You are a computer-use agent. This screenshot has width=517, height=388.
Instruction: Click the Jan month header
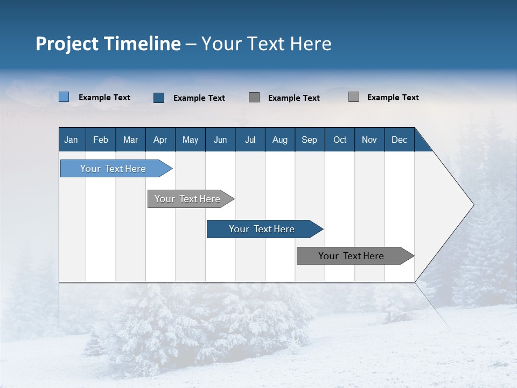click(x=72, y=140)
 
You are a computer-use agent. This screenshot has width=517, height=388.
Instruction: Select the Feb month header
click(x=101, y=140)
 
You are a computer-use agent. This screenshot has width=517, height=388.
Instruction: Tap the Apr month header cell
click(x=160, y=140)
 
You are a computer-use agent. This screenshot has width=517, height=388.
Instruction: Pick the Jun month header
click(x=220, y=140)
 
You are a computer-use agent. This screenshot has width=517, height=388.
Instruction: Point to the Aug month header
click(x=280, y=140)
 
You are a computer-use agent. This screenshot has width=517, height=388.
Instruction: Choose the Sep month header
click(x=310, y=140)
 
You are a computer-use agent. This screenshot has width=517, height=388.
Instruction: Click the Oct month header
click(x=340, y=140)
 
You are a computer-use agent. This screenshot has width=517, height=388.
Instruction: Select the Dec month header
click(x=400, y=140)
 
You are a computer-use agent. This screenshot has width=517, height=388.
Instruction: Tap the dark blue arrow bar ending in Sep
click(x=262, y=229)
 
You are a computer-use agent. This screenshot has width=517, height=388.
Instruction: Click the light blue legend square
click(x=64, y=97)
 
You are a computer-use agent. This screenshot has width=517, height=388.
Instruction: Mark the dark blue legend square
click(x=159, y=98)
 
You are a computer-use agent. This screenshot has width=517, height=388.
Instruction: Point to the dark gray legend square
click(x=254, y=98)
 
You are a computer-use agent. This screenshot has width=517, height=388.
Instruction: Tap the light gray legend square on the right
click(x=354, y=97)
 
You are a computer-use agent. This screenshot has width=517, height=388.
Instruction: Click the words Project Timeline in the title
click(x=108, y=44)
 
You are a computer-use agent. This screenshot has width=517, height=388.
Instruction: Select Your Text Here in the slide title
click(x=267, y=44)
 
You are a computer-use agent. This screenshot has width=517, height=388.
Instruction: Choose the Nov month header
click(x=369, y=140)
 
